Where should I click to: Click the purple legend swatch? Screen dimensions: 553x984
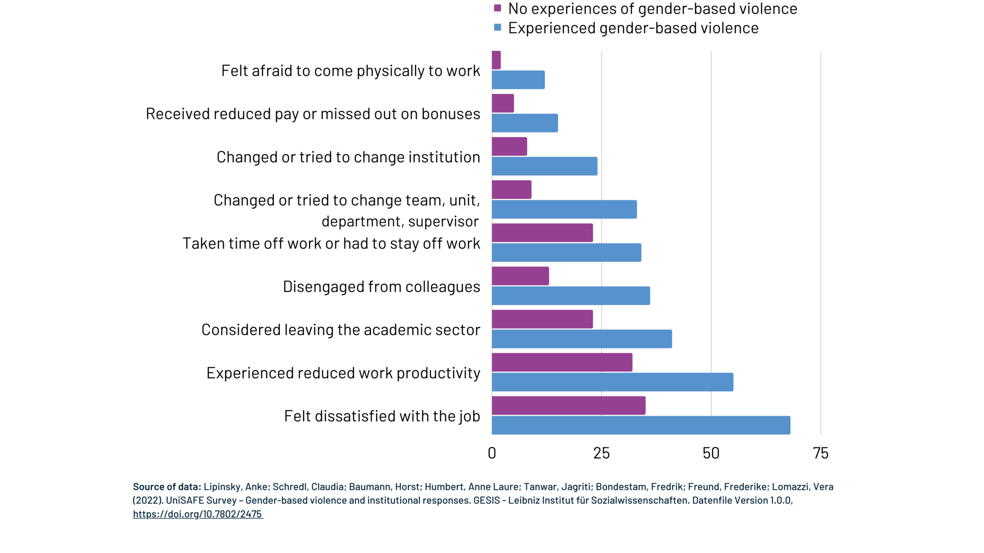497,8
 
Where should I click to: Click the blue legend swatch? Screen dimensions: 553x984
497,27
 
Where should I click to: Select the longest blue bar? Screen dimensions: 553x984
641,425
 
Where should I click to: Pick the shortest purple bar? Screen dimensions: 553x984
496,60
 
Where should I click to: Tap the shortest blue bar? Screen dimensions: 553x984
518,80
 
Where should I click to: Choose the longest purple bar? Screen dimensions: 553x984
569,406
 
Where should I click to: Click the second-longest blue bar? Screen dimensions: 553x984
613,382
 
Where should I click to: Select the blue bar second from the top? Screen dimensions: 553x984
525,123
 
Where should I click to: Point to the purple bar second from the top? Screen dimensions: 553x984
503,103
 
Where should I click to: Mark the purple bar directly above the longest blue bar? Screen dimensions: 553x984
569,406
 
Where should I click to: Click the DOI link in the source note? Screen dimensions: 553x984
198,514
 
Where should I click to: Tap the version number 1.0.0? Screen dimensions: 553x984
780,500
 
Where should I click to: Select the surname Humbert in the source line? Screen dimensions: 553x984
444,487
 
